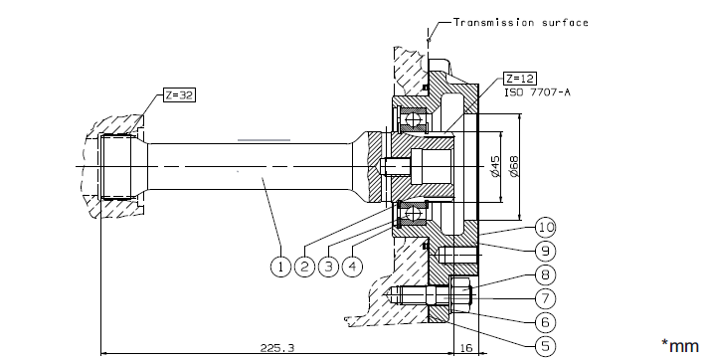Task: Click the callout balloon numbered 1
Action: tap(280, 267)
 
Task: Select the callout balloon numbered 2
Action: tap(305, 267)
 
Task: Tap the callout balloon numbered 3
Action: tap(329, 267)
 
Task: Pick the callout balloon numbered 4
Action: tap(353, 267)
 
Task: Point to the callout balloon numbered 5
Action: tap(546, 346)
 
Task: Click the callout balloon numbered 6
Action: tap(546, 322)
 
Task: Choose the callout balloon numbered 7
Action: tap(546, 298)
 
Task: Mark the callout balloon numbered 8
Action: tap(546, 274)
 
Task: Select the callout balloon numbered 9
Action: tap(546, 251)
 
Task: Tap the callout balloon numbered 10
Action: tap(546, 227)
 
